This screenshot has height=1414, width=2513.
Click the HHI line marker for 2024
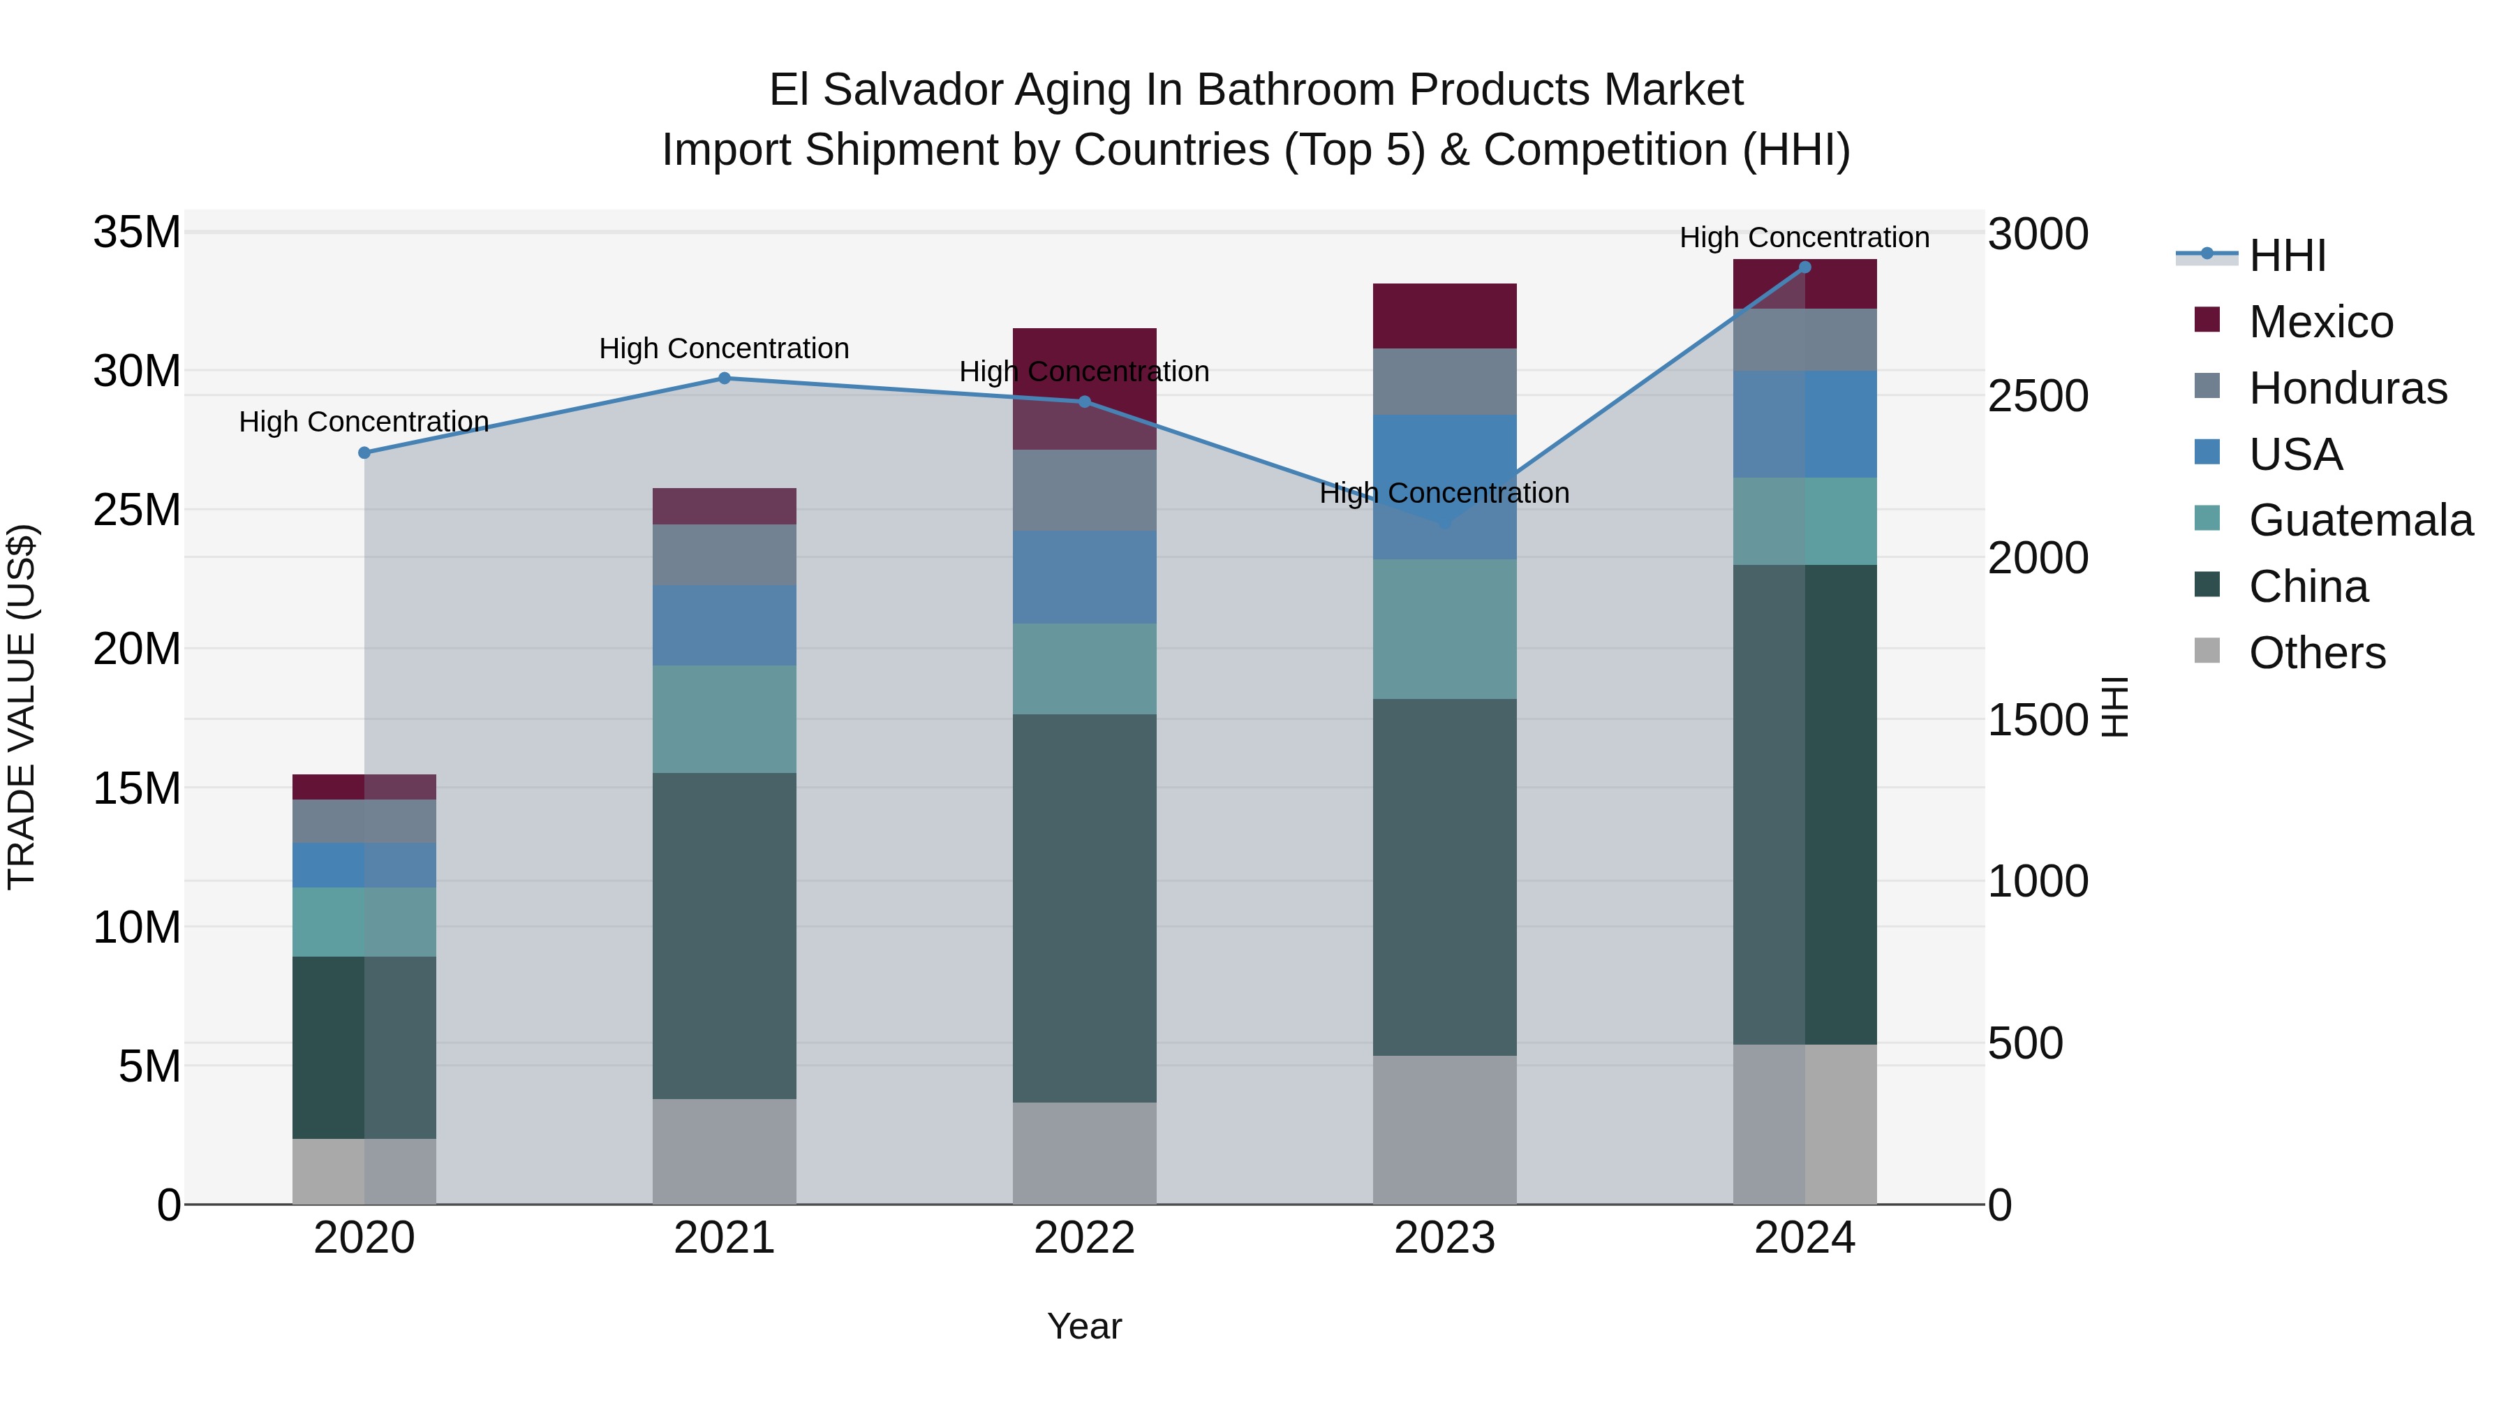tap(1804, 267)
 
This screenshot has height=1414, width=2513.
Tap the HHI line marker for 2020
tap(364, 452)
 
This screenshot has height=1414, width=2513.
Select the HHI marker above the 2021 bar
tap(724, 378)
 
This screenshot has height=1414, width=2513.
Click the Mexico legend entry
tap(2320, 322)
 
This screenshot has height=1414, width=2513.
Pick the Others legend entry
tap(2316, 653)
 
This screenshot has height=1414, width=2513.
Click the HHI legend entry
tap(2287, 256)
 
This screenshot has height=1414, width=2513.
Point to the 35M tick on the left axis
tap(137, 233)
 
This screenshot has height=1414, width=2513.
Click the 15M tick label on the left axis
tap(137, 788)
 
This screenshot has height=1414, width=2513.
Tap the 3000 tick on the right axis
tap(2038, 235)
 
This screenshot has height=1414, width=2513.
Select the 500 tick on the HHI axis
tap(2025, 1043)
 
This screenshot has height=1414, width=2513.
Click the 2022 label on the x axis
tap(1084, 1238)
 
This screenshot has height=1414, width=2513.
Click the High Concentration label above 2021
tap(724, 348)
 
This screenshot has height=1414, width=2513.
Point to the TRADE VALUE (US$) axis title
tap(22, 707)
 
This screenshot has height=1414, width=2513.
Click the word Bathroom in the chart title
tap(1296, 90)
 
